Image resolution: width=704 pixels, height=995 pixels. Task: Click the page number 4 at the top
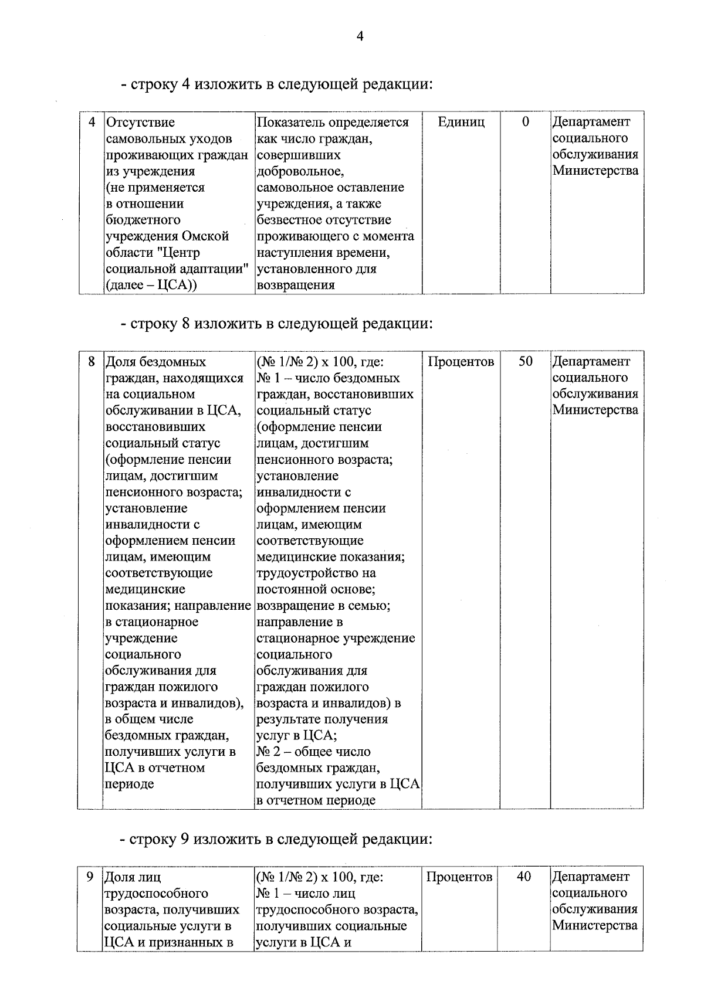pos(360,37)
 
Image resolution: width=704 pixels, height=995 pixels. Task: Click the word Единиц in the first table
pos(461,122)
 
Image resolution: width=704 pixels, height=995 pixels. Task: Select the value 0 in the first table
pos(525,121)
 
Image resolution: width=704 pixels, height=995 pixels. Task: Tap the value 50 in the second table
pos(525,361)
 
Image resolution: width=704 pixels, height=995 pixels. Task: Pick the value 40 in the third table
pos(524,877)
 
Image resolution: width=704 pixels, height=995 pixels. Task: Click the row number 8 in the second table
pos(92,361)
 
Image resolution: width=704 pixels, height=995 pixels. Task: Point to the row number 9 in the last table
pos(90,877)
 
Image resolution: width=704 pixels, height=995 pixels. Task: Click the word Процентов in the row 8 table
pos(461,362)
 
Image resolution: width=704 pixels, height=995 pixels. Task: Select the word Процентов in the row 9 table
pos(459,877)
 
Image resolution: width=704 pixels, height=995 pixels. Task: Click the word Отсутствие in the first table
pos(140,123)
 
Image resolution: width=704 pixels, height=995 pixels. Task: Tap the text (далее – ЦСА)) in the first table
pos(151,286)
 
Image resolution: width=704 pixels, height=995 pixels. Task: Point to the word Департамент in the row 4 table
pos(591,122)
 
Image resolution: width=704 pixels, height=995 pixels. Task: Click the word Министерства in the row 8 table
pos(595,410)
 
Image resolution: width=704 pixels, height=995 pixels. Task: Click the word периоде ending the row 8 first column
pos(129,784)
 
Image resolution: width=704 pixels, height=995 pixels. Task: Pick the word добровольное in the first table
pos(300,171)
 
